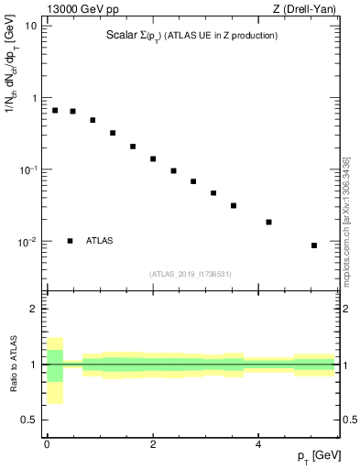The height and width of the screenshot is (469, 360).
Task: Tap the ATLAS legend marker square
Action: tap(70, 241)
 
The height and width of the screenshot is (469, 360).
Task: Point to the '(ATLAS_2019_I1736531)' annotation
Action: tap(191, 274)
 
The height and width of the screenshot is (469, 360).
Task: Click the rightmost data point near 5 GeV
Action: tap(314, 245)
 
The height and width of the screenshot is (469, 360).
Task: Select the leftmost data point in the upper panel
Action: tap(55, 110)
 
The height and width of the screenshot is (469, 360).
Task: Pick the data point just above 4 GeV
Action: tap(268, 222)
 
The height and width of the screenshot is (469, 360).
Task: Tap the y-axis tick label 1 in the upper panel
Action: tap(34, 98)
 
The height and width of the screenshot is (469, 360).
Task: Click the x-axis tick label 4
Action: tap(258, 445)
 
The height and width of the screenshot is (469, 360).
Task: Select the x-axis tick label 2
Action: tap(153, 445)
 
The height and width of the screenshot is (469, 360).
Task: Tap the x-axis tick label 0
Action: tap(47, 445)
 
